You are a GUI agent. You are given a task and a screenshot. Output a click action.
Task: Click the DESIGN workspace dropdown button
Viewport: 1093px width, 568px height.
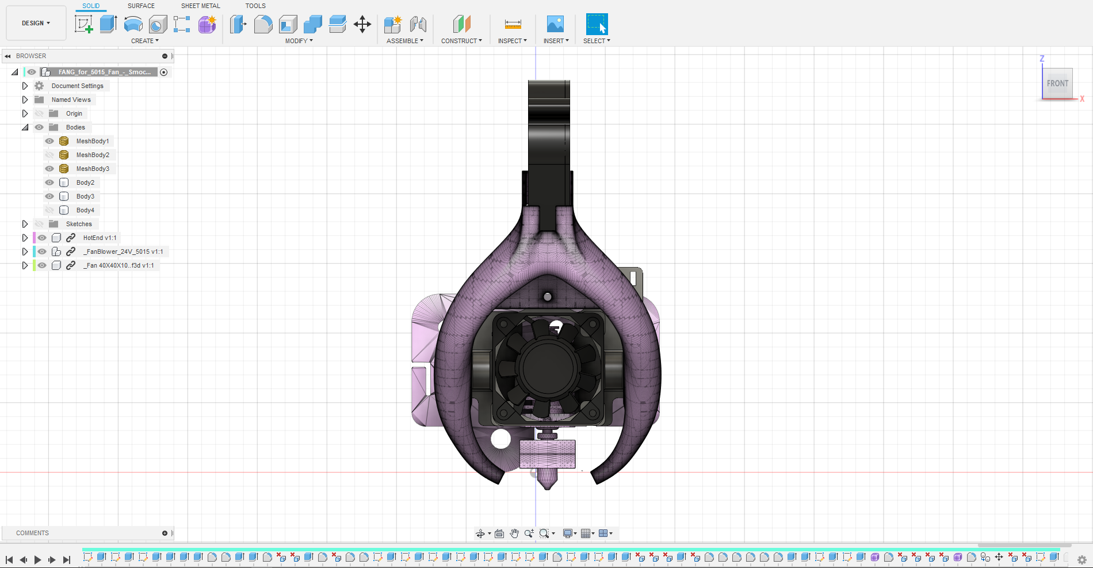tap(36, 23)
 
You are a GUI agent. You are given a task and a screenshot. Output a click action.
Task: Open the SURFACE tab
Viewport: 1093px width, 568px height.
tap(141, 6)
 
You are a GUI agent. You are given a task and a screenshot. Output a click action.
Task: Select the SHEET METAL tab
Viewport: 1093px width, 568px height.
tap(200, 6)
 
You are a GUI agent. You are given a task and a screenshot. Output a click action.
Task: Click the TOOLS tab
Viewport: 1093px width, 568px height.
tap(255, 6)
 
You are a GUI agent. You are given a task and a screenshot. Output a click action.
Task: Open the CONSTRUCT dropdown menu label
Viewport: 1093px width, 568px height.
tap(461, 41)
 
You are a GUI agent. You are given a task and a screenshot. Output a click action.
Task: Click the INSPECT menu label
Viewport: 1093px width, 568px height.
tap(512, 41)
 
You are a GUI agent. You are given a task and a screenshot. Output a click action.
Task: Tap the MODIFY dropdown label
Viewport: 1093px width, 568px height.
tap(299, 41)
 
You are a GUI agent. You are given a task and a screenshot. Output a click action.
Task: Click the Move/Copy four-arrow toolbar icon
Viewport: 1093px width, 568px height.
tap(362, 24)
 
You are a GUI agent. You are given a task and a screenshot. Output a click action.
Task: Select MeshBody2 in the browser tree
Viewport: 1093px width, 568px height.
tap(93, 155)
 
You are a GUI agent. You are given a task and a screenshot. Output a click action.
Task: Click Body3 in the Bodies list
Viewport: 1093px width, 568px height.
tap(85, 196)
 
